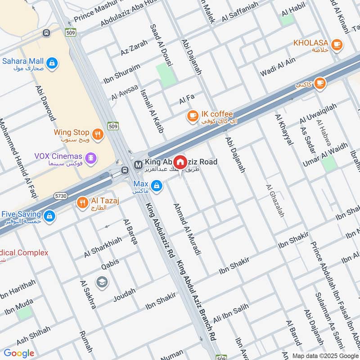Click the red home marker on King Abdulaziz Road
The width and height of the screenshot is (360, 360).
coord(180,162)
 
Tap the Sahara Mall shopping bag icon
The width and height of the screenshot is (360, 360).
coord(53,61)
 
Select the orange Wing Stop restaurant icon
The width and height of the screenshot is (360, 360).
coord(98,133)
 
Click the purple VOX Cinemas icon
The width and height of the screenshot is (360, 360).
coord(91,157)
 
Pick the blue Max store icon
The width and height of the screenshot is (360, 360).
coord(156,185)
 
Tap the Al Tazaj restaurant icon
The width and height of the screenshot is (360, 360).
coord(82,202)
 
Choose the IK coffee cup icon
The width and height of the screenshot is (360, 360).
coord(193,116)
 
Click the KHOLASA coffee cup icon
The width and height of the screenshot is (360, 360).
coord(336,44)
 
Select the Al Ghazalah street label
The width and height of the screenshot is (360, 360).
coord(275,201)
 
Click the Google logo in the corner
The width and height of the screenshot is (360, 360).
coord(19,353)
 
